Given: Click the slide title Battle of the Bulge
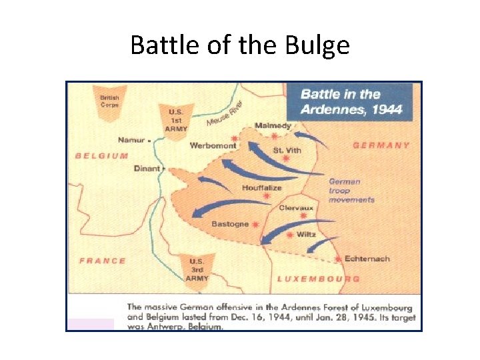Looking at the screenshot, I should tap(240, 45).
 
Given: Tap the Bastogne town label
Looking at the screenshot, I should tap(230, 224).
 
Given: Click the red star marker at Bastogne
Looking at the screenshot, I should tap(255, 225).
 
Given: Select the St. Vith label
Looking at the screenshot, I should tap(287, 150).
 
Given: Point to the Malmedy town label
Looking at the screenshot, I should tap(273, 126).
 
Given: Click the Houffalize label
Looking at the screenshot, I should tap(262, 188).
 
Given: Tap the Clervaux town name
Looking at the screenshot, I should tap(296, 207).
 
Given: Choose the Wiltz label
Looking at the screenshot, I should tap(307, 235).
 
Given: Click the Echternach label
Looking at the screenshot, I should tap(367, 259).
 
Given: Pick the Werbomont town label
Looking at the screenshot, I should tap(213, 145).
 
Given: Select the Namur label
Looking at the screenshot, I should tap(131, 140).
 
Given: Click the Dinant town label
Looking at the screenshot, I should tap(147, 169).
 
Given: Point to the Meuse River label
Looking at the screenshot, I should tap(225, 113).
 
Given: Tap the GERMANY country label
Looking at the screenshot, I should tap(381, 145).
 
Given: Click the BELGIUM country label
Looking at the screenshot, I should tap(102, 155).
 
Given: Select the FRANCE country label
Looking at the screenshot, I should tap(103, 261).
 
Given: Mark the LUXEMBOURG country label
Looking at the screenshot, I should tap(319, 279).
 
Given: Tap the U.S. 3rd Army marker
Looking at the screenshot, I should tap(197, 269).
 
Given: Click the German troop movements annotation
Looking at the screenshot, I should tap(351, 190).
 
